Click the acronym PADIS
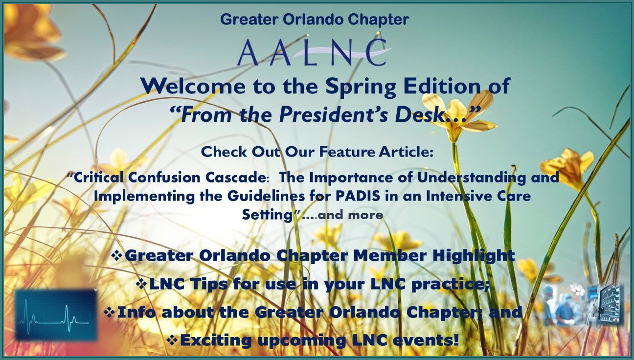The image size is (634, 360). click(358, 196)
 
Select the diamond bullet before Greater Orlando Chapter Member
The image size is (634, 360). click(117, 255)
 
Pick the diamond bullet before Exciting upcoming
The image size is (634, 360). click(172, 340)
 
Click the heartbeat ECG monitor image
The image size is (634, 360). click(56, 315)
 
